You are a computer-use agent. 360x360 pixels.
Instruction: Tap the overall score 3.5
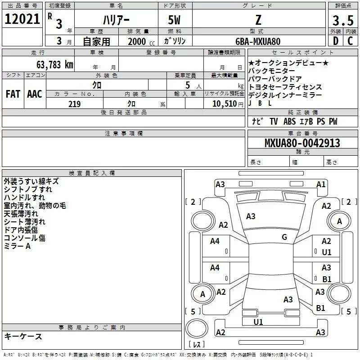coord(342,20)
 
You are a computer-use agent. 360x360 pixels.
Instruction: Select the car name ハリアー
coord(116,21)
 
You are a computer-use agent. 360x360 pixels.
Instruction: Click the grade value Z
coord(257,20)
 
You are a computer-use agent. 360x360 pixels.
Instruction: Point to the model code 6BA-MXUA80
coord(258,41)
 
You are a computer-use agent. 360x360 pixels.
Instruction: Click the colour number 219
coord(74,104)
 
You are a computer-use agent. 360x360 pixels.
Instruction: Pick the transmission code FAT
coord(13,94)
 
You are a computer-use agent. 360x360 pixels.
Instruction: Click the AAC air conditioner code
coord(34,94)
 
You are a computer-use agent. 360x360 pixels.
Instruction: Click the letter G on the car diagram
coord(284,237)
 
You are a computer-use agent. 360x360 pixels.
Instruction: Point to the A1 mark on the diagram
coord(321,184)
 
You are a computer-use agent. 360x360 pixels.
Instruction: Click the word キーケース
coord(23,336)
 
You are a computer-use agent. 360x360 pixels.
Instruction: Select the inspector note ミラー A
coord(17,246)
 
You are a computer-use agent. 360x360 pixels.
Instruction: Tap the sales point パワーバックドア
coord(272,79)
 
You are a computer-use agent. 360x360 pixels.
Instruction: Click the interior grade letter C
coord(350,41)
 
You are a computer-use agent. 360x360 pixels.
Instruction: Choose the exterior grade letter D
coord(335,41)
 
